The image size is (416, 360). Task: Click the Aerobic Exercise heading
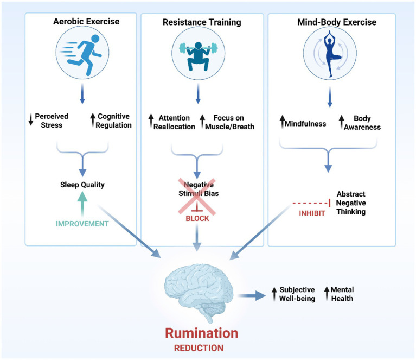pyautogui.click(x=86, y=21)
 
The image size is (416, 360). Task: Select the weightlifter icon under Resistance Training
pyautogui.click(x=198, y=56)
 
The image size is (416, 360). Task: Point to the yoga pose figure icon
pyautogui.click(x=330, y=54)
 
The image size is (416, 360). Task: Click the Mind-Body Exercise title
pyautogui.click(x=337, y=22)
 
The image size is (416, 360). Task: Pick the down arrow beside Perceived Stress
pyautogui.click(x=31, y=119)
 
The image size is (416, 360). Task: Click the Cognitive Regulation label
pyautogui.click(x=113, y=121)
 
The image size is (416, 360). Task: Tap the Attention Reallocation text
pyautogui.click(x=174, y=122)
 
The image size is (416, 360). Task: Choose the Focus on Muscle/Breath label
pyautogui.click(x=229, y=122)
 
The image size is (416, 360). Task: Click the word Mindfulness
pyautogui.click(x=305, y=124)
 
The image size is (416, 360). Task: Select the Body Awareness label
pyautogui.click(x=362, y=123)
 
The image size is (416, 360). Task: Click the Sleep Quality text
pyautogui.click(x=82, y=185)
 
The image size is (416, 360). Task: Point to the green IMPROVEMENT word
pyautogui.click(x=82, y=224)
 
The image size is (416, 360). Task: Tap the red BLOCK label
pyautogui.click(x=197, y=218)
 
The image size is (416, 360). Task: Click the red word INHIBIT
pyautogui.click(x=312, y=213)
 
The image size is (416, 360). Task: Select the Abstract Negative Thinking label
pyautogui.click(x=351, y=203)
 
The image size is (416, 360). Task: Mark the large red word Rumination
pyautogui.click(x=202, y=333)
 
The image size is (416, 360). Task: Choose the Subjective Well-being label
pyautogui.click(x=297, y=294)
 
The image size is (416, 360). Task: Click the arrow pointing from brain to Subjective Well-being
pyautogui.click(x=252, y=295)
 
